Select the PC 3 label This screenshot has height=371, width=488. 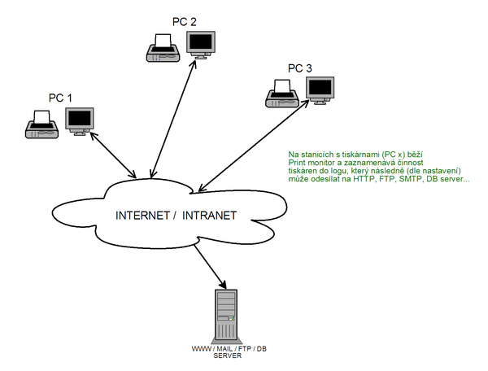coord(300,68)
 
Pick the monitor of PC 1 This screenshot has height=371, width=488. coord(80,120)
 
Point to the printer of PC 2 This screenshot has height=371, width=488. coord(161,48)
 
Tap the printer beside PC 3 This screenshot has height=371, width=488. coord(281,94)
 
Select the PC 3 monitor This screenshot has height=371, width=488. coord(320,91)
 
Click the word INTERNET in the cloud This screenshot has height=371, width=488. coord(143,216)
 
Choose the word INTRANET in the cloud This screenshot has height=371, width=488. coord(209,216)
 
